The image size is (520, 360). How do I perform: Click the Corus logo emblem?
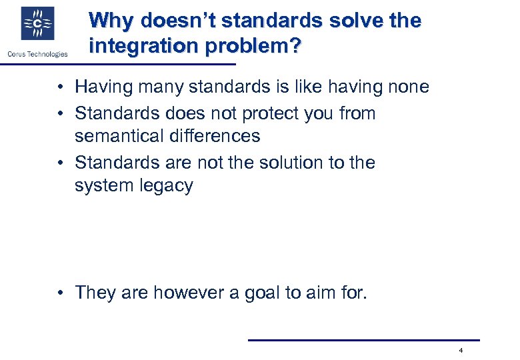(38, 24)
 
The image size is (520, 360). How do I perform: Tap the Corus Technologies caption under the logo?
(38, 54)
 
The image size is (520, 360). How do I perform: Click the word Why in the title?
(107, 21)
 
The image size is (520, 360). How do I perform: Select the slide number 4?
(461, 351)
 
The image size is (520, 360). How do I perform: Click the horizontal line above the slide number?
(363, 340)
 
